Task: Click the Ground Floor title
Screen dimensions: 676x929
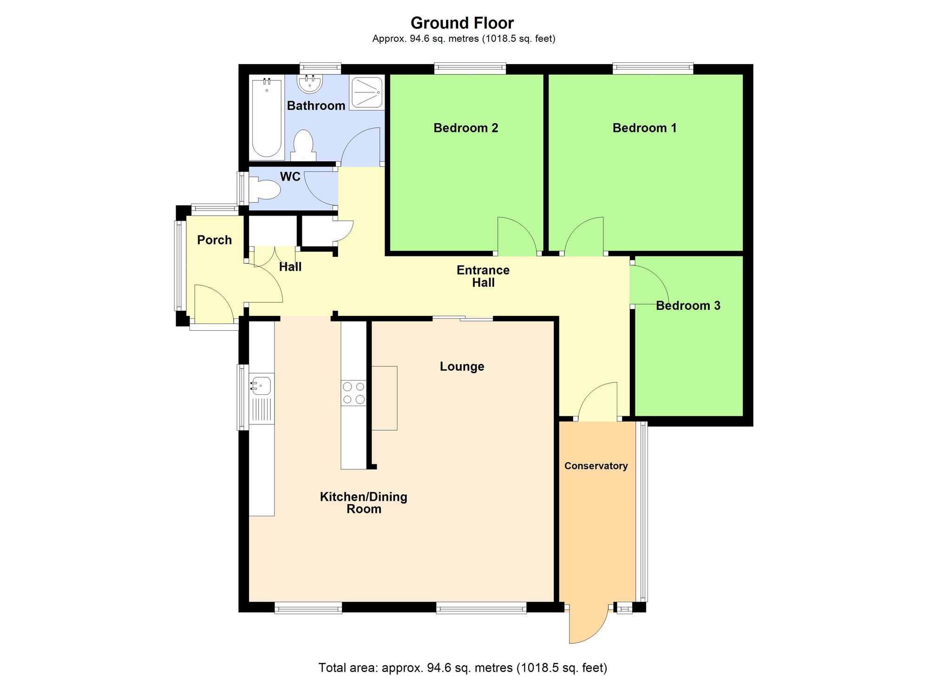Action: coord(462,23)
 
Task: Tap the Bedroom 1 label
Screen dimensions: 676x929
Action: coord(644,128)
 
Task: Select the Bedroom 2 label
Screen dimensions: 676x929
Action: coord(465,128)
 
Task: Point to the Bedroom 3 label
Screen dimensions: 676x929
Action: coord(687,305)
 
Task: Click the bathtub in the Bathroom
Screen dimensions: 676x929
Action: coord(267,119)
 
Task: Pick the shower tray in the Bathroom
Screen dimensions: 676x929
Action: coord(366,93)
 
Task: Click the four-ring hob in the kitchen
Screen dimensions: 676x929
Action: coord(353,393)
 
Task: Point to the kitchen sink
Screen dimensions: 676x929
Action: coord(262,385)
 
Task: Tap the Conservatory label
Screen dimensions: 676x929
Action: coord(596,466)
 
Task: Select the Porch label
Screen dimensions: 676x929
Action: coord(214,240)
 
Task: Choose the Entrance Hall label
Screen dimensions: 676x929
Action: coord(483,276)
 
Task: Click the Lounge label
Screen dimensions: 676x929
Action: coord(462,367)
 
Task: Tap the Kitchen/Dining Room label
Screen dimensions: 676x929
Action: coord(363,503)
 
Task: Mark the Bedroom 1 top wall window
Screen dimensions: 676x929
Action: coord(653,69)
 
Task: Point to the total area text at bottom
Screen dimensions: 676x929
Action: coord(463,668)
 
